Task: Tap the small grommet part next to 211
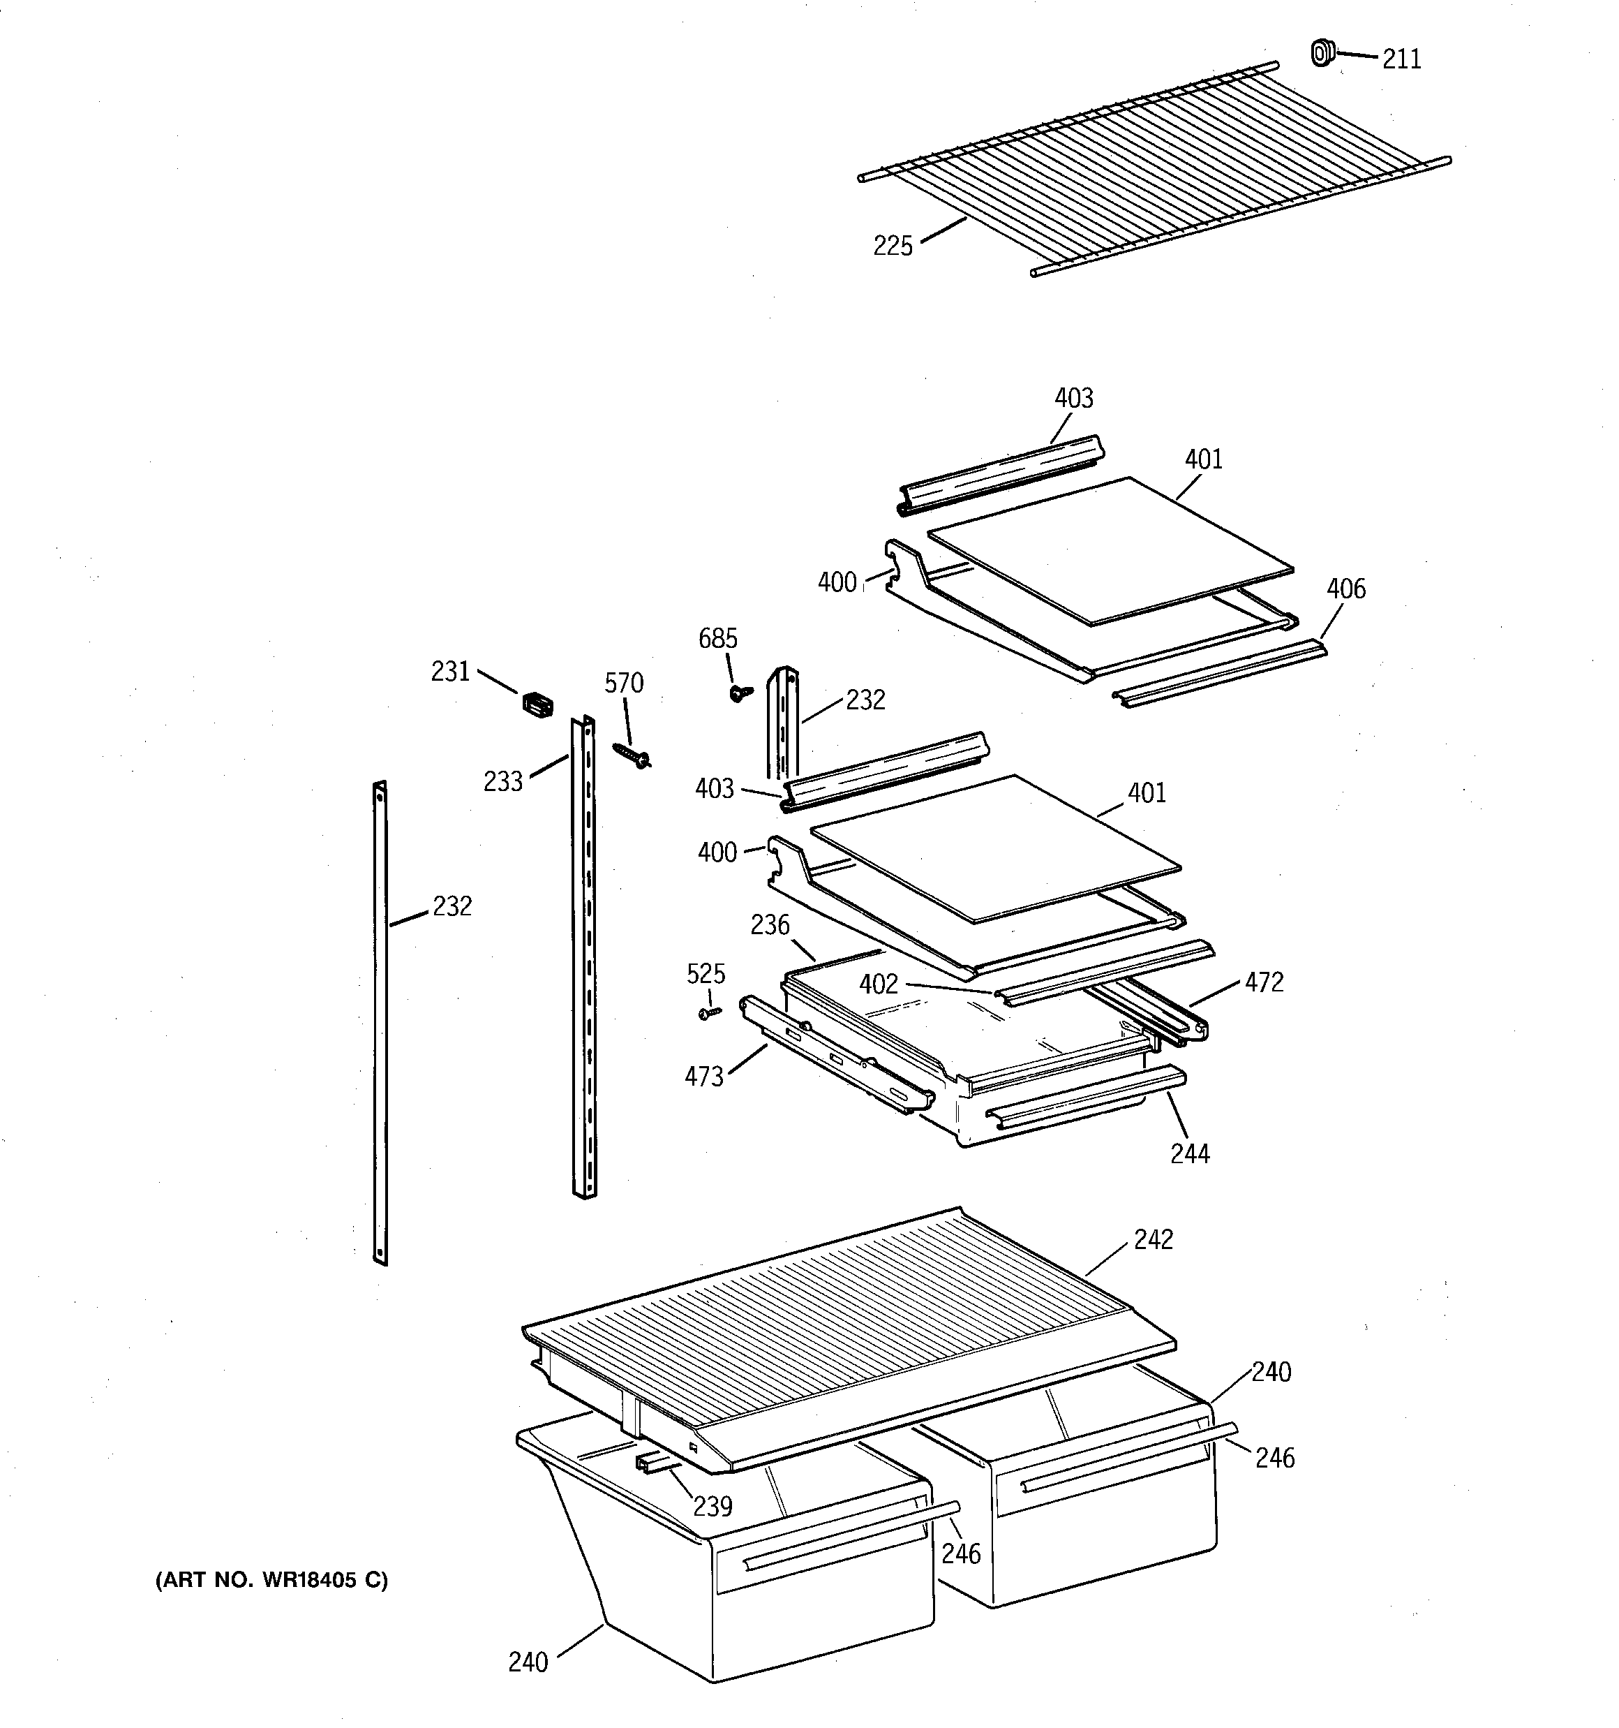point(1321,53)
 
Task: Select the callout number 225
point(893,246)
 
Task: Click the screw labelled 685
point(740,693)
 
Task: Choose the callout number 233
point(503,781)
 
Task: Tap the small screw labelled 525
point(710,1012)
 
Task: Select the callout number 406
point(1345,589)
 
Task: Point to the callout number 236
point(770,925)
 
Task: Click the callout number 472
point(1264,982)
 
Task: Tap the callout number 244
point(1190,1153)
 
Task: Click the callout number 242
point(1154,1239)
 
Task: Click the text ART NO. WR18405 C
point(272,1579)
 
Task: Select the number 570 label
point(624,684)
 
